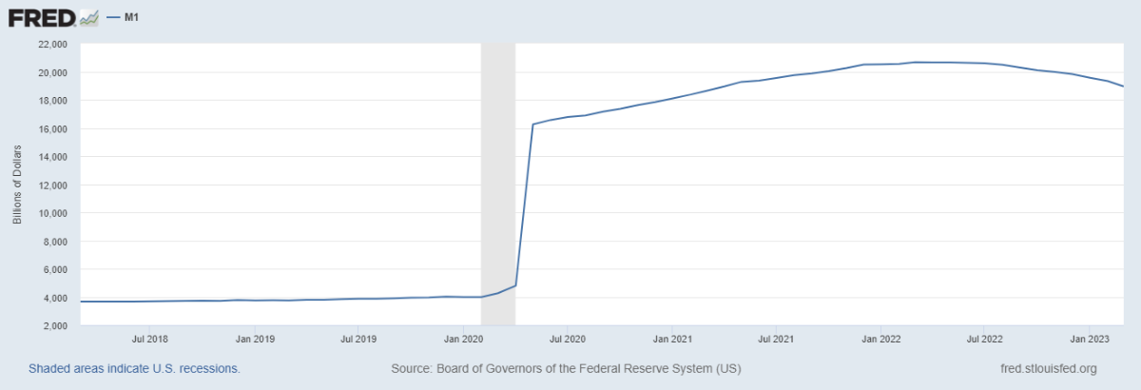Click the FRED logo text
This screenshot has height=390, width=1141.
[40, 17]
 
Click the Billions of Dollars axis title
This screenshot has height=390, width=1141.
[17, 185]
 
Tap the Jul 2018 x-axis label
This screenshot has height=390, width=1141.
[150, 338]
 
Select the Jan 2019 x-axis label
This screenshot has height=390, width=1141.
[255, 338]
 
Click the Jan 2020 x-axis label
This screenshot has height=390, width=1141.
[463, 338]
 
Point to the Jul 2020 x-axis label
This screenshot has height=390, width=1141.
[567, 338]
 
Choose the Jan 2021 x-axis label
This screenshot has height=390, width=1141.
[672, 338]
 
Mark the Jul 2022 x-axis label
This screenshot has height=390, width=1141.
[985, 338]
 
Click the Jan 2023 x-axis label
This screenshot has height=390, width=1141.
[1090, 338]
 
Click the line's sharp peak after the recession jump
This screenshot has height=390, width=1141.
[532, 124]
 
